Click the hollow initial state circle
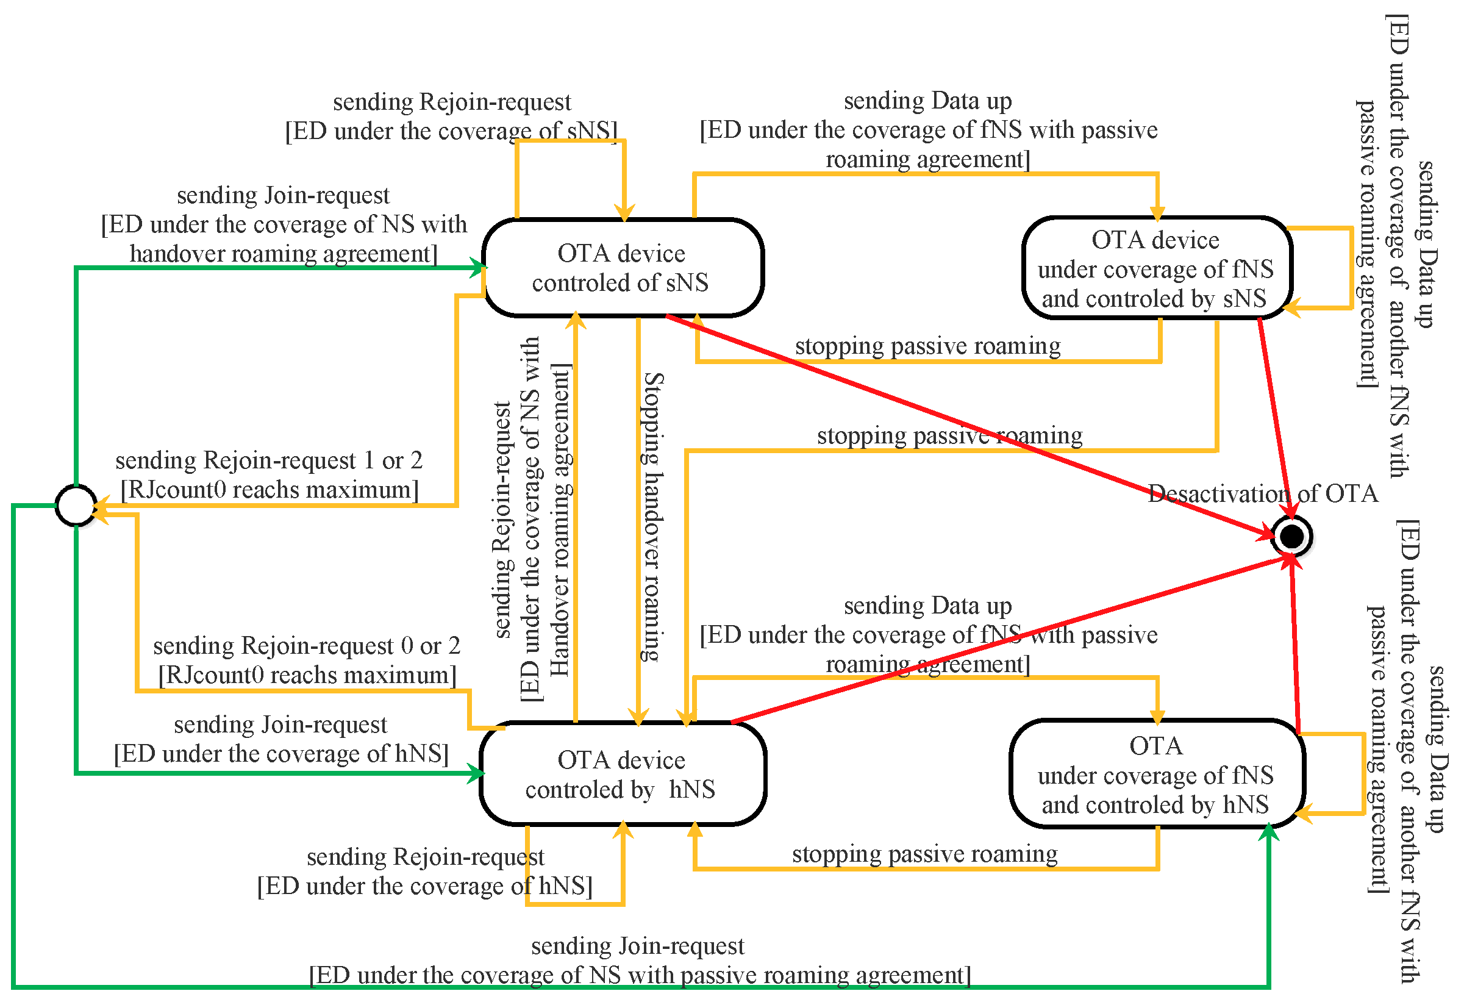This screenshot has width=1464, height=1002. tap(76, 506)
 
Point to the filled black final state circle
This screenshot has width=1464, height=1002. tap(1291, 536)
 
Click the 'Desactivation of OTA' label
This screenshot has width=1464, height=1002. tap(1262, 493)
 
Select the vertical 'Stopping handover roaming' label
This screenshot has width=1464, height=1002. tap(652, 517)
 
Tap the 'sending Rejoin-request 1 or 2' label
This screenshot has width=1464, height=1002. tap(269, 460)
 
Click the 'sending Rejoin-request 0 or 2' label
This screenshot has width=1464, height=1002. tap(307, 646)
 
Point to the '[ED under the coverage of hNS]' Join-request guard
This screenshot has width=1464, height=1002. tap(281, 754)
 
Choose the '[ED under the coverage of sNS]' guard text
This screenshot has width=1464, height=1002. tap(451, 131)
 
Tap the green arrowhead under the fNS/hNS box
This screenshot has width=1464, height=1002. tap(1268, 833)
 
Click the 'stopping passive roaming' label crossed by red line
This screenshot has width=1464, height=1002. tap(949, 435)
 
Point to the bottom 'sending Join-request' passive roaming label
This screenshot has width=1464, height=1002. tap(638, 946)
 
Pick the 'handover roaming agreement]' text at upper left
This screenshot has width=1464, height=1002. tap(284, 253)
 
